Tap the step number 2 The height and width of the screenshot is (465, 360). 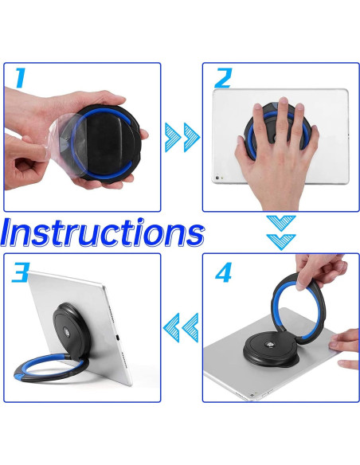click(x=222, y=79)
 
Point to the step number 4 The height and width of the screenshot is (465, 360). click(x=224, y=272)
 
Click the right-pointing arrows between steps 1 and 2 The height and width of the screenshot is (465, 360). click(x=182, y=137)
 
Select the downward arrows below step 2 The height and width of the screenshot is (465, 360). click(x=280, y=232)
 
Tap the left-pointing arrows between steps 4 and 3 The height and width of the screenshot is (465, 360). click(x=181, y=326)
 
